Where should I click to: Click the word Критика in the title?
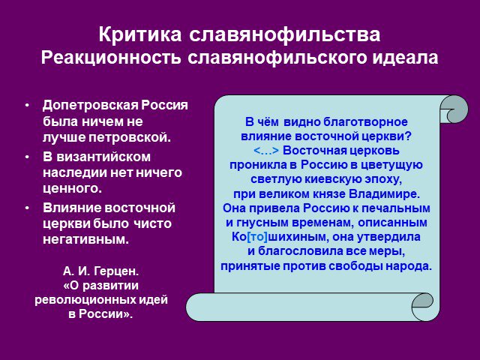pyautogui.click(x=140, y=34)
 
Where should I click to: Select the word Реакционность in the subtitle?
pyautogui.click(x=111, y=57)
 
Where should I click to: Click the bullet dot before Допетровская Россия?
pyautogui.click(x=28, y=105)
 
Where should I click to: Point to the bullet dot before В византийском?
pyautogui.click(x=28, y=157)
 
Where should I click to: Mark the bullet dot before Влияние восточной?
pyautogui.click(x=28, y=208)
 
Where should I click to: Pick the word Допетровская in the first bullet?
pyautogui.click(x=90, y=106)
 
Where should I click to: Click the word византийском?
pyautogui.click(x=103, y=157)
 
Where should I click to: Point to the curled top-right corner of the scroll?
pyautogui.click(x=454, y=109)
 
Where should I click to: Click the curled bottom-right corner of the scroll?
pyautogui.click(x=423, y=307)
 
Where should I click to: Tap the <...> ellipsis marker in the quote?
pyautogui.click(x=266, y=151)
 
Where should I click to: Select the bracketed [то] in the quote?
pyautogui.click(x=256, y=237)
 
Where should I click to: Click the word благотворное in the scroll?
pyautogui.click(x=365, y=121)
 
